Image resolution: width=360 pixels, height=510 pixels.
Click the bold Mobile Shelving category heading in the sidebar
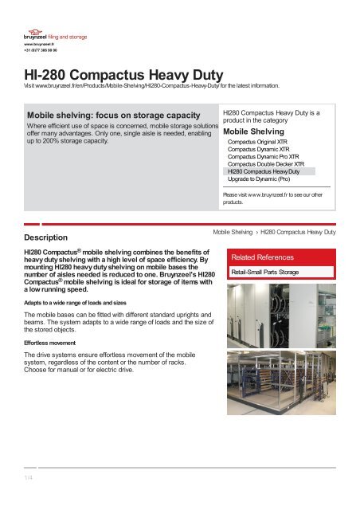coord(256,131)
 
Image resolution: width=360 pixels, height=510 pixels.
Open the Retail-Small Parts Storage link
coord(264,273)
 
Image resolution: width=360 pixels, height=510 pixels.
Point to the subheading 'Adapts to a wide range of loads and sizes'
coord(75,303)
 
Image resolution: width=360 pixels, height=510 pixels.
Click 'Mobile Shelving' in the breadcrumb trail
coord(233,231)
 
